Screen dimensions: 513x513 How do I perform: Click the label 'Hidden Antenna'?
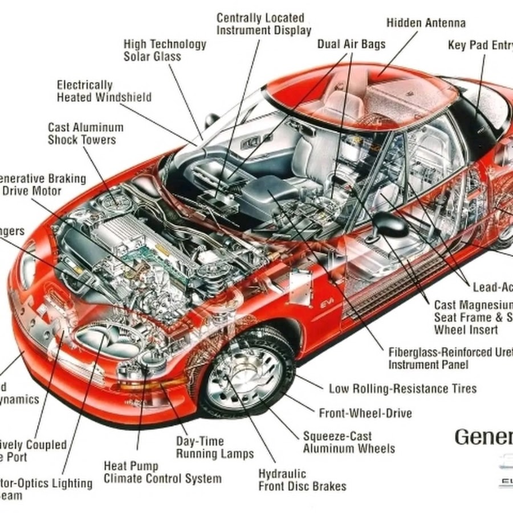(426, 23)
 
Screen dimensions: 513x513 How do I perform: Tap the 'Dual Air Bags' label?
(351, 44)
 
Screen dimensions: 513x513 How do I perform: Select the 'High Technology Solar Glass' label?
(165, 50)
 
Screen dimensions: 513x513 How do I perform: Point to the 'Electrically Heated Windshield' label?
(104, 91)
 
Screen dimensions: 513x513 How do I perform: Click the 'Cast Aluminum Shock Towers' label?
(85, 133)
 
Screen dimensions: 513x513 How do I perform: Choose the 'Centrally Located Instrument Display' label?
(263, 25)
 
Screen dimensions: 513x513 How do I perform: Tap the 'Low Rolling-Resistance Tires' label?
(402, 389)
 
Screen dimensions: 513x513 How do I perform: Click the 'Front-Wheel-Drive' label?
(365, 413)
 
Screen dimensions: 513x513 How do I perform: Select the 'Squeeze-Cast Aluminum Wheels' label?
(348, 442)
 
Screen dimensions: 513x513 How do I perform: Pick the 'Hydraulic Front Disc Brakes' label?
(302, 480)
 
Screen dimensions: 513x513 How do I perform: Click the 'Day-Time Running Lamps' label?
(214, 447)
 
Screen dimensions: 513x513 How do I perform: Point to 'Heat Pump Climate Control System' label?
(162, 473)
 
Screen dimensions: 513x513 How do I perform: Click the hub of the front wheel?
(244, 376)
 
